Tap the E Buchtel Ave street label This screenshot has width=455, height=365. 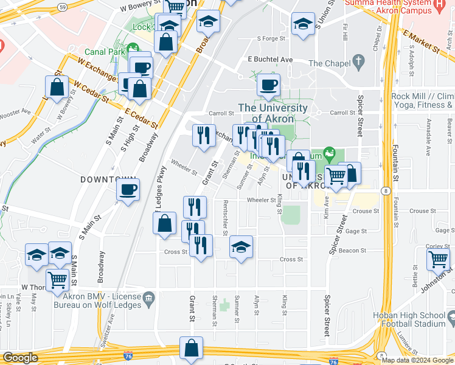270,60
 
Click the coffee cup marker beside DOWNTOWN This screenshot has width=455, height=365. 128,190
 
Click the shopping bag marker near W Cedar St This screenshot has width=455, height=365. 57,87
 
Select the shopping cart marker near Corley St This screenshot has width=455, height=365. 438,259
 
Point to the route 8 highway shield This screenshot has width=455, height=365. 386,191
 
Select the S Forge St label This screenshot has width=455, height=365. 271,38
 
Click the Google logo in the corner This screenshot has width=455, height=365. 21,358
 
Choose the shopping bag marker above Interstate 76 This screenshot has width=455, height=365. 191,349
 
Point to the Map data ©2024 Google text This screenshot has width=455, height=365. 417,360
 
